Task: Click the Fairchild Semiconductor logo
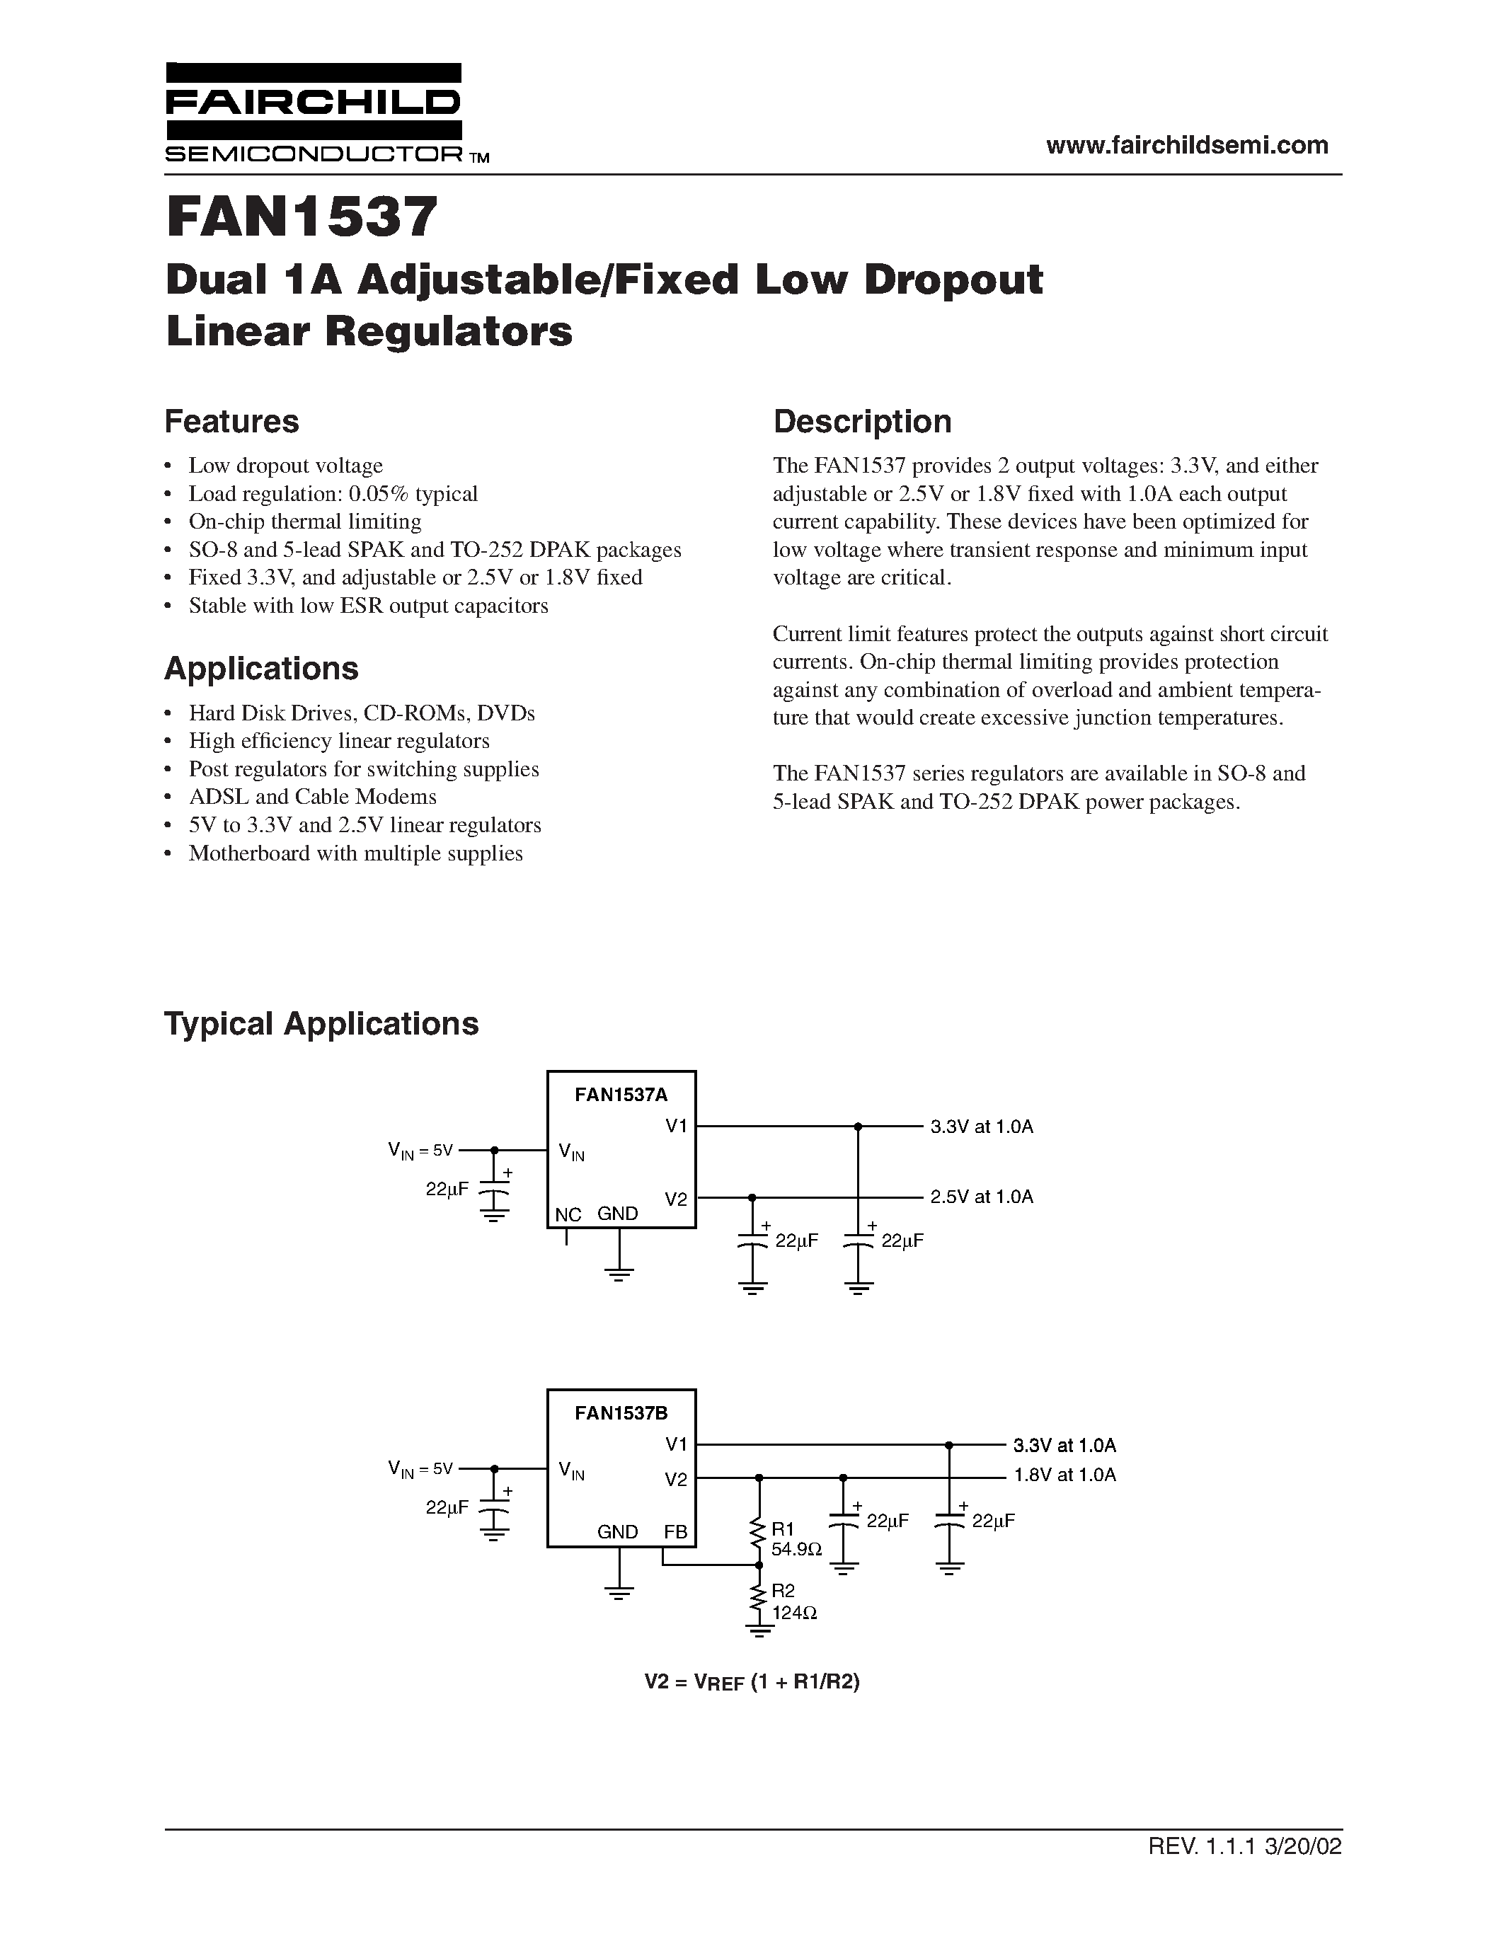coord(314,113)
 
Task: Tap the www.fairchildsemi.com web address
coord(1187,145)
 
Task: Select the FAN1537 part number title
coord(302,217)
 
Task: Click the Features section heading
coord(231,422)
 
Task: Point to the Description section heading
coord(861,422)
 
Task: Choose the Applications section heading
coord(261,668)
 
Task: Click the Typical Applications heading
coord(321,1024)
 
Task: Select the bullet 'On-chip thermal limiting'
coord(305,522)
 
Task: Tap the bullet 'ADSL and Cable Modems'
coord(312,797)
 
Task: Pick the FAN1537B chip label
coord(621,1412)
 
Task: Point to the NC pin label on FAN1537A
coord(568,1214)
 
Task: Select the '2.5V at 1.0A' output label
coord(982,1197)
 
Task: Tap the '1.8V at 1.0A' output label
coord(1064,1475)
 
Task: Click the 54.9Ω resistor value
coord(796,1550)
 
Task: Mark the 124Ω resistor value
coord(795,1612)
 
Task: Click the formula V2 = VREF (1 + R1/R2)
coord(752,1681)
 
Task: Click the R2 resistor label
coord(783,1591)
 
